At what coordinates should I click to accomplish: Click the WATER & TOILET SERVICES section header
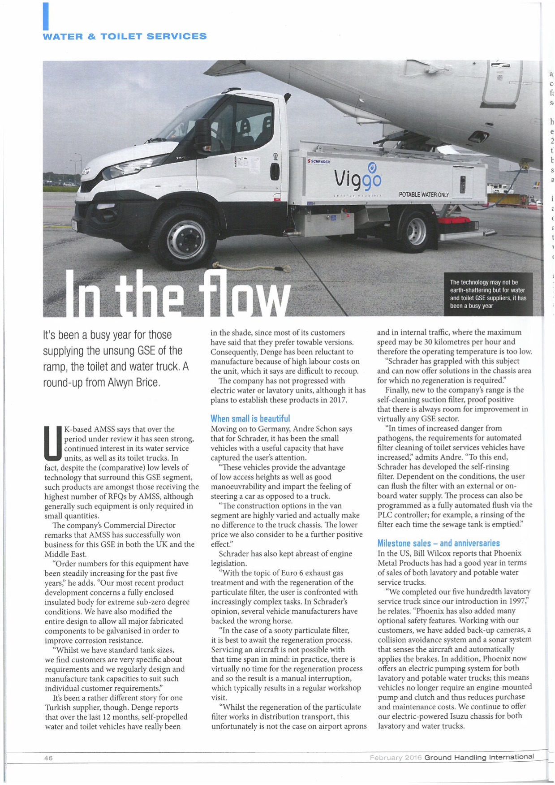tap(125, 36)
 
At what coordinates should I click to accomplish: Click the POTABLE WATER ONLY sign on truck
tap(423, 194)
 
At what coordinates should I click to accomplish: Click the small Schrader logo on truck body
tap(319, 161)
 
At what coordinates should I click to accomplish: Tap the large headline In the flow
tap(178, 295)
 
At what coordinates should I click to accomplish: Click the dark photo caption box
tap(488, 294)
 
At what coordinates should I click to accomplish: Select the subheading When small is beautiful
tap(250, 418)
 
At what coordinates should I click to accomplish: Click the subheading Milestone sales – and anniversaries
tap(438, 543)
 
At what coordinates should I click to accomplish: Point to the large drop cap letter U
tap(53, 443)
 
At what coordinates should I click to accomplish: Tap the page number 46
tap(48, 758)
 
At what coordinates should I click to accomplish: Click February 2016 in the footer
tap(396, 758)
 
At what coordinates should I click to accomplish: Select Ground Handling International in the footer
tap(479, 757)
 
